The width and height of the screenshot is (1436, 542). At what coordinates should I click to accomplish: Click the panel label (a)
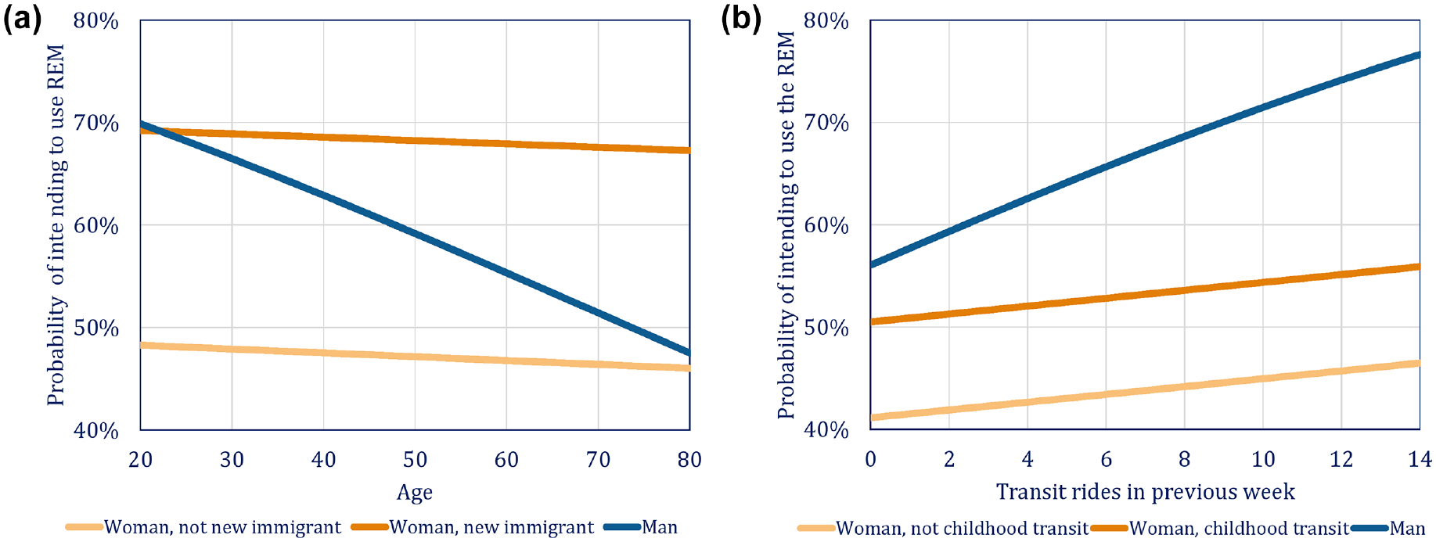23,18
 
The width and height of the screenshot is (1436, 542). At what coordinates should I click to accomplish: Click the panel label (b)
740,18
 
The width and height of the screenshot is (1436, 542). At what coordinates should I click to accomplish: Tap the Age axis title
414,493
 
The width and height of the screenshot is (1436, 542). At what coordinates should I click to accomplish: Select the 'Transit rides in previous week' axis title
1145,492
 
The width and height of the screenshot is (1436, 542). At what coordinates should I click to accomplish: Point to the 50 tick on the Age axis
415,460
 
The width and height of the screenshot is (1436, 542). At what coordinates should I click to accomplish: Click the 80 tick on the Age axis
689,460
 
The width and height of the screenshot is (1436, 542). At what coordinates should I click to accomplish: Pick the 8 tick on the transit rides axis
1184,460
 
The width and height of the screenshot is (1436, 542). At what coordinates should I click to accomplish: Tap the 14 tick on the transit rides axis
1420,460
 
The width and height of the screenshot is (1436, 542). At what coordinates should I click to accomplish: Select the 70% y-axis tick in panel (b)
826,123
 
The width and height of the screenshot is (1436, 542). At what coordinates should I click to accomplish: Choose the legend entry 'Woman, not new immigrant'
203,528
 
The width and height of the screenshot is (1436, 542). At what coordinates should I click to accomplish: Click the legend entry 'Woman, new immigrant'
473,528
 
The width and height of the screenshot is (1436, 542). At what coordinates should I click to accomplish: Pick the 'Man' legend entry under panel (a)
641,528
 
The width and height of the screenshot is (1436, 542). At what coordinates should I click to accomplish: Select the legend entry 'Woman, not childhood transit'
943,529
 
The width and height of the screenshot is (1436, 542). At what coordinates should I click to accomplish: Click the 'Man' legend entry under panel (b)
1389,529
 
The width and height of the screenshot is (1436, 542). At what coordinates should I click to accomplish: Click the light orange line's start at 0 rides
871,418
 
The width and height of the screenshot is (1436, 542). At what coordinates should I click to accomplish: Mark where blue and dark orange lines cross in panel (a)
148,128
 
